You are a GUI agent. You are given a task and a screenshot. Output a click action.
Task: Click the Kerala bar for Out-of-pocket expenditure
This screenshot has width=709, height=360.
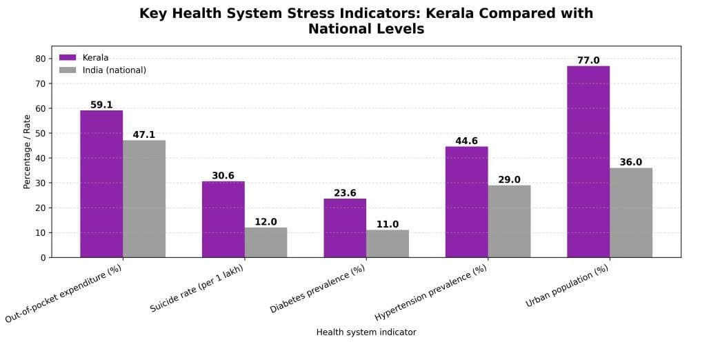point(101,183)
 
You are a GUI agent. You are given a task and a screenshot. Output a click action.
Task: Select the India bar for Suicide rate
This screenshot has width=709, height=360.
point(266,242)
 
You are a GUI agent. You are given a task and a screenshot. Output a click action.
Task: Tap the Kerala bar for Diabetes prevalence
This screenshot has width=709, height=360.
point(345,228)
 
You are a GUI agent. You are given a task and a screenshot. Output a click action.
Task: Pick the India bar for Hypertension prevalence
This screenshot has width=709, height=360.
point(509,221)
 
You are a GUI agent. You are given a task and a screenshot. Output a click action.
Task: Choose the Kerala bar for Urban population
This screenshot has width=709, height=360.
point(588,161)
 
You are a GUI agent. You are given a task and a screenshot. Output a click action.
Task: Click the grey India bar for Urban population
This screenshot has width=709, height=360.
point(631,212)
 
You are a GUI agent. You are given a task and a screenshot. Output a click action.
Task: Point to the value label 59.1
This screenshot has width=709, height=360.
point(101,105)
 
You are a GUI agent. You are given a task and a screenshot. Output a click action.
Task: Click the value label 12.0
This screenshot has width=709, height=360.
point(266,222)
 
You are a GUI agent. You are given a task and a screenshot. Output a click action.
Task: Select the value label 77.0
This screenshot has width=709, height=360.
point(588,61)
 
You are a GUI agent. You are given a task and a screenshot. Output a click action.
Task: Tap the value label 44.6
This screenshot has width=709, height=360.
point(466,141)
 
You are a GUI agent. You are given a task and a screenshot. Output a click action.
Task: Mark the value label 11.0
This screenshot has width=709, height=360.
point(388,224)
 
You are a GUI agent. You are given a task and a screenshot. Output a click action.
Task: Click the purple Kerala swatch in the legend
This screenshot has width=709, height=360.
point(68,58)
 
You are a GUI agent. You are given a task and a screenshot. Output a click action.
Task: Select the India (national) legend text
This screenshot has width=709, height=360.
point(114,70)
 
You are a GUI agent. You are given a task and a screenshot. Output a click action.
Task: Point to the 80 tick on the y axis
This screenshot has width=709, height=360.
point(41,59)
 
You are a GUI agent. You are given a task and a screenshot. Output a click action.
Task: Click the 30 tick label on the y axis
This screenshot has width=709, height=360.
point(41,183)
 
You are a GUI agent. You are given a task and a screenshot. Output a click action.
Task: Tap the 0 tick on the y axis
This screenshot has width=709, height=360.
point(43,257)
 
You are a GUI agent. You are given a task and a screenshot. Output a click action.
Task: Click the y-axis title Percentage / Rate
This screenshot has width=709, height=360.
point(27,152)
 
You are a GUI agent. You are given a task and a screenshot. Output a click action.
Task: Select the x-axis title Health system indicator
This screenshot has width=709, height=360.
point(366,332)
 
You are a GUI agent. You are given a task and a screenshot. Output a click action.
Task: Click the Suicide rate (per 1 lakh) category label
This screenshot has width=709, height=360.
point(197,288)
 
